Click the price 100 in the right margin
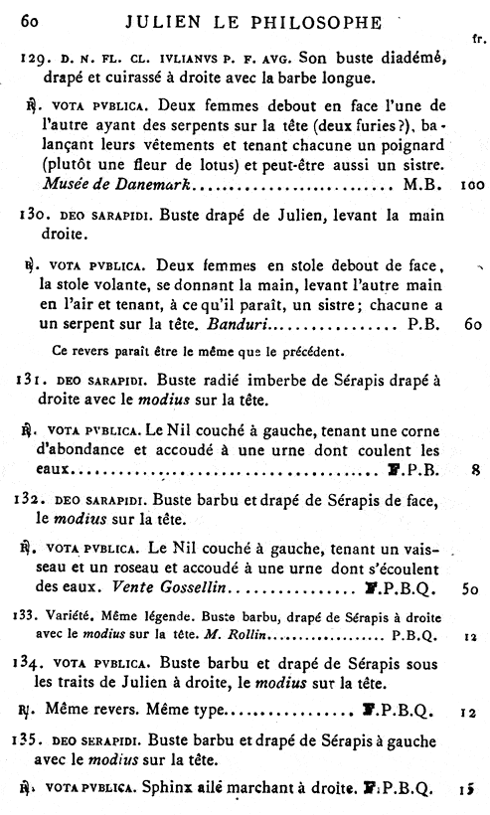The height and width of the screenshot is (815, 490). point(472,185)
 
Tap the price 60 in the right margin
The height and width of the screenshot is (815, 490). point(472,324)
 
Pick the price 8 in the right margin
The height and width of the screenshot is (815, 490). point(477,470)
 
